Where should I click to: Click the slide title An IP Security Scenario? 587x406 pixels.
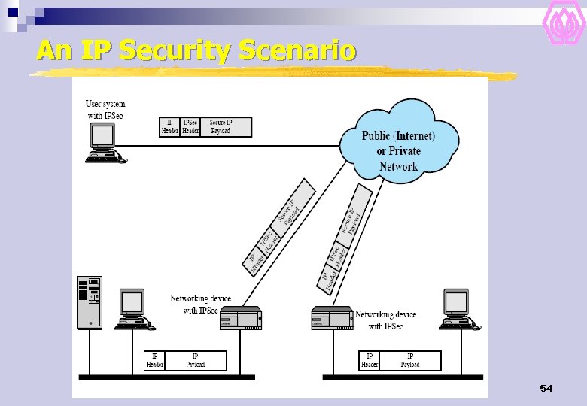click(196, 51)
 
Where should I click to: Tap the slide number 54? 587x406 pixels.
click(546, 388)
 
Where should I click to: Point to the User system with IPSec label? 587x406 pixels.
click(105, 109)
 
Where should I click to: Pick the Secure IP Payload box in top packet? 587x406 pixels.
click(227, 127)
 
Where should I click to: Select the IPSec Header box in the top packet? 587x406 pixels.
click(190, 127)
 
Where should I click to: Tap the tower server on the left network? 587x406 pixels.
click(89, 302)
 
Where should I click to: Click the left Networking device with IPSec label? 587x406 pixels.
click(200, 304)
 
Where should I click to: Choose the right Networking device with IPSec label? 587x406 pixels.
click(385, 320)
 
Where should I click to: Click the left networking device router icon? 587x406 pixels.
click(240, 320)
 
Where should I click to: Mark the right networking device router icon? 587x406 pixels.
click(332, 318)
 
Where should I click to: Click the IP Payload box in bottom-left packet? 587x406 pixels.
click(195, 360)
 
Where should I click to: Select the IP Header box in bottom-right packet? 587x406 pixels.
click(370, 360)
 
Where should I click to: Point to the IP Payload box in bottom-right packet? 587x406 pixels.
click(410, 360)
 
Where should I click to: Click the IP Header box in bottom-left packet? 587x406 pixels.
click(154, 360)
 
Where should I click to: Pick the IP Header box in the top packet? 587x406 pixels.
click(169, 127)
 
